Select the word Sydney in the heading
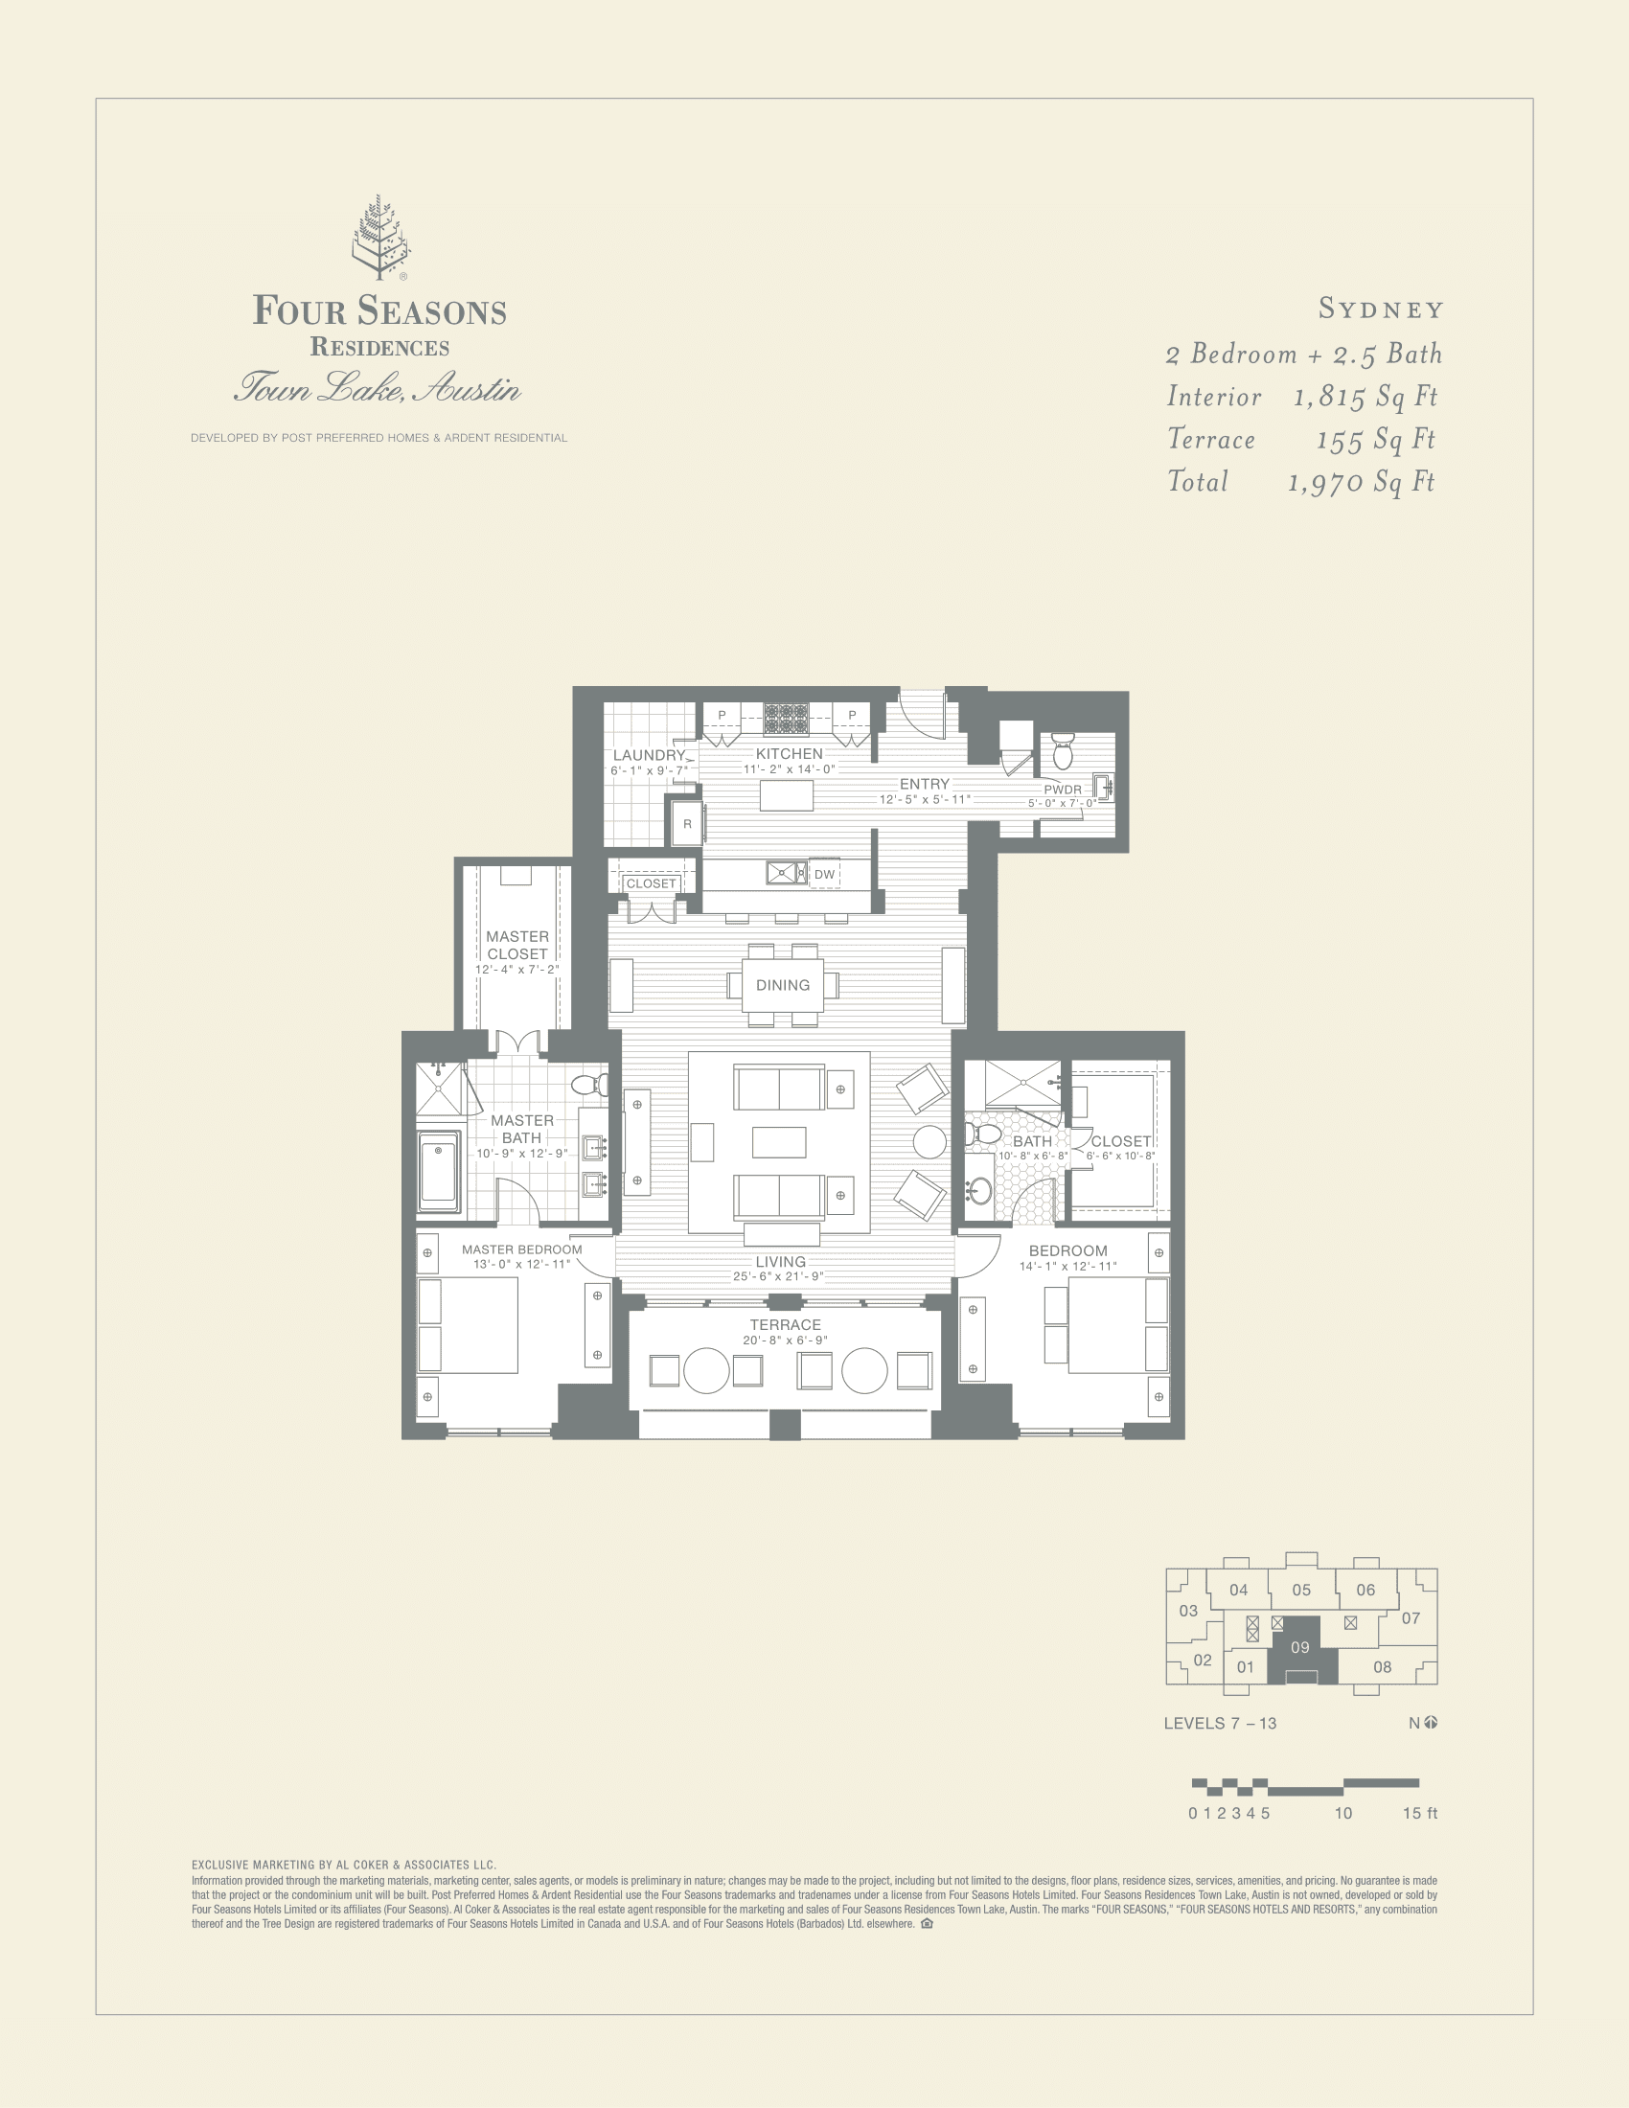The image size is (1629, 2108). [x=1380, y=309]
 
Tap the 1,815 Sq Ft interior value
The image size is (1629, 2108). [x=1365, y=397]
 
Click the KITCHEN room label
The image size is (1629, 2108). [x=789, y=754]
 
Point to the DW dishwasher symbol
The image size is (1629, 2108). [x=824, y=875]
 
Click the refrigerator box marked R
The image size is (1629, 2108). [x=687, y=824]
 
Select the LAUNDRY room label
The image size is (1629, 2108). [x=649, y=755]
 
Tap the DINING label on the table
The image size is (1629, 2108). [x=783, y=984]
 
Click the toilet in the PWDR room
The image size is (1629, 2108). [x=1063, y=751]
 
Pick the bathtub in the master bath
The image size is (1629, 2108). [x=438, y=1172]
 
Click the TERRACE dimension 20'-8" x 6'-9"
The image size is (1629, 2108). [x=785, y=1340]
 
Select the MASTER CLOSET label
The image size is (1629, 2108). [x=517, y=945]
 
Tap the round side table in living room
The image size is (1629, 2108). [x=929, y=1142]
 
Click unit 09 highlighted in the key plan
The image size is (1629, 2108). [x=1300, y=1648]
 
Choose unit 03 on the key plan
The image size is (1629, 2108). [x=1188, y=1611]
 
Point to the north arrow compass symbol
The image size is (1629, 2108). [x=1431, y=1723]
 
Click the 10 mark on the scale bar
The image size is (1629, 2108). [x=1342, y=1813]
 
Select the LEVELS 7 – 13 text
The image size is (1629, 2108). [x=1220, y=1723]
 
